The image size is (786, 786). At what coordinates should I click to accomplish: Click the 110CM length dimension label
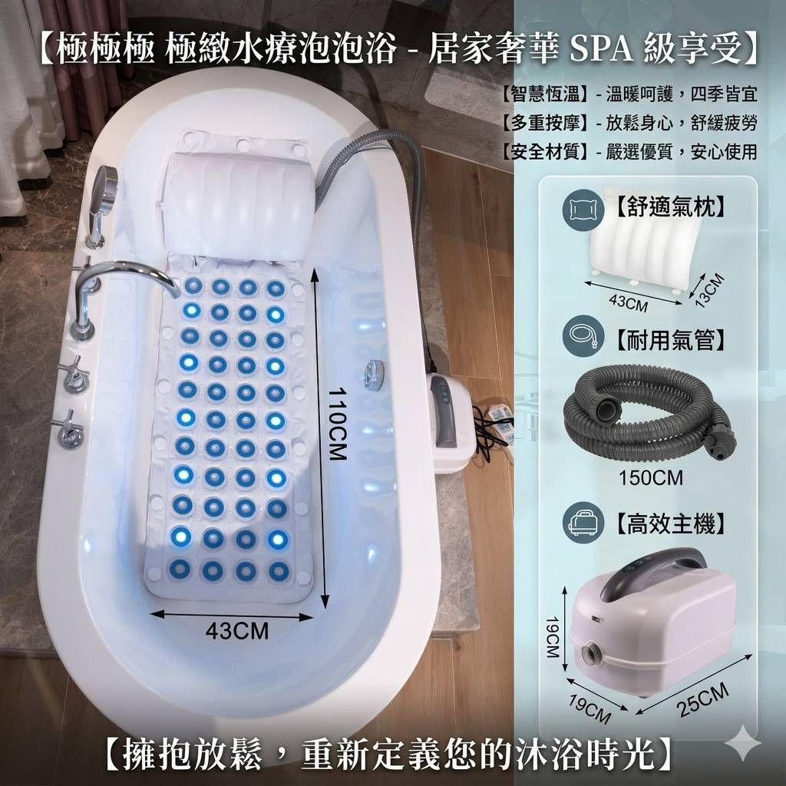pos(338,423)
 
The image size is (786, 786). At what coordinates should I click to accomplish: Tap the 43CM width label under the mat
pos(236,631)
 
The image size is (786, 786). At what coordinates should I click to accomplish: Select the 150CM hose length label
pos(650,477)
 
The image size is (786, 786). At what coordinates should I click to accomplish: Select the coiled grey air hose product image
pos(649,412)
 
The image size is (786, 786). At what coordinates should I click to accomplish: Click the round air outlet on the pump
pos(593,654)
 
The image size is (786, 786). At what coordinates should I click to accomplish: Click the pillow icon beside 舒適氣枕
pos(583,210)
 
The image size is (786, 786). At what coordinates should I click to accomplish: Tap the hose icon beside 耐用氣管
pos(583,335)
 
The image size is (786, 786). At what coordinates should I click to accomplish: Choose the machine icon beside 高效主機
pos(583,522)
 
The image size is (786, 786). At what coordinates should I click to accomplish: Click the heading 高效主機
pos(670,523)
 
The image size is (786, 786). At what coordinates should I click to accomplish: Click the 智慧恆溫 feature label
pos(546,94)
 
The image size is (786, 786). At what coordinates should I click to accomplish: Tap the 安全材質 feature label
pos(546,151)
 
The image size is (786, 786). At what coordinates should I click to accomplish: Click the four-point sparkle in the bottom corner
pos(743,743)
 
